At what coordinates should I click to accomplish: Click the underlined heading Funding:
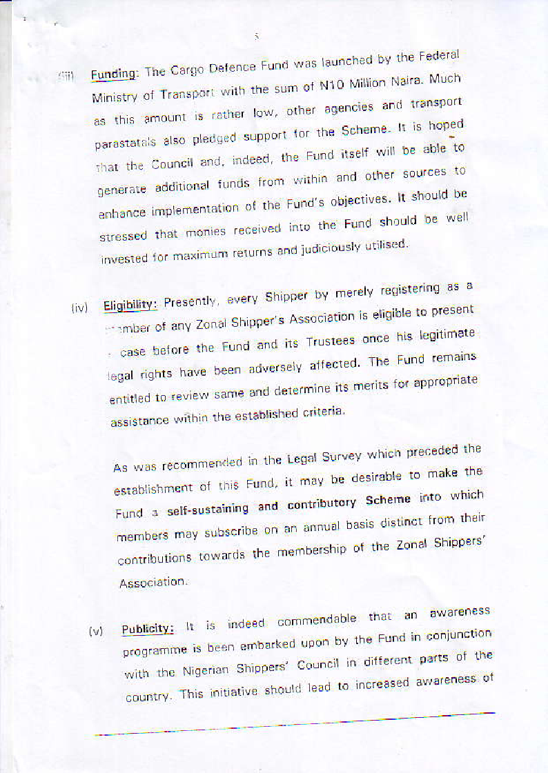coord(116,74)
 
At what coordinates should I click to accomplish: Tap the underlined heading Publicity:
coord(148,629)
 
